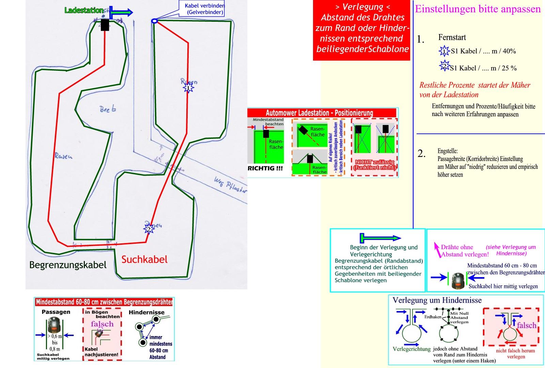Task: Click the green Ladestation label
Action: (x=84, y=11)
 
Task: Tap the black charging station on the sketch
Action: (x=105, y=25)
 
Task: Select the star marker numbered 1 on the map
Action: (x=188, y=88)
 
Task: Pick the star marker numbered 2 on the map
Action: (x=149, y=229)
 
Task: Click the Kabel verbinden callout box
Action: (x=202, y=9)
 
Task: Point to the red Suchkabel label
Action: (x=144, y=260)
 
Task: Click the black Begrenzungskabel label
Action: (x=68, y=265)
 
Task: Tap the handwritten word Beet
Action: (x=108, y=109)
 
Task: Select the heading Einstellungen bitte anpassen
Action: (x=478, y=9)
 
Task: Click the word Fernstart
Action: (x=452, y=37)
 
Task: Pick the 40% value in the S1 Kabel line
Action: (x=509, y=51)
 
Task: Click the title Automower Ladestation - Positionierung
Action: (x=319, y=113)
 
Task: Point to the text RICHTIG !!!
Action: (x=265, y=168)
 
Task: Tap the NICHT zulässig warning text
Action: (x=374, y=165)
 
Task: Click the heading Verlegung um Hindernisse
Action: (x=437, y=300)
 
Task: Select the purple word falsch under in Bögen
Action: (x=102, y=324)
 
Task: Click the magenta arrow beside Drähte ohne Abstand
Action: (x=436, y=250)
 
